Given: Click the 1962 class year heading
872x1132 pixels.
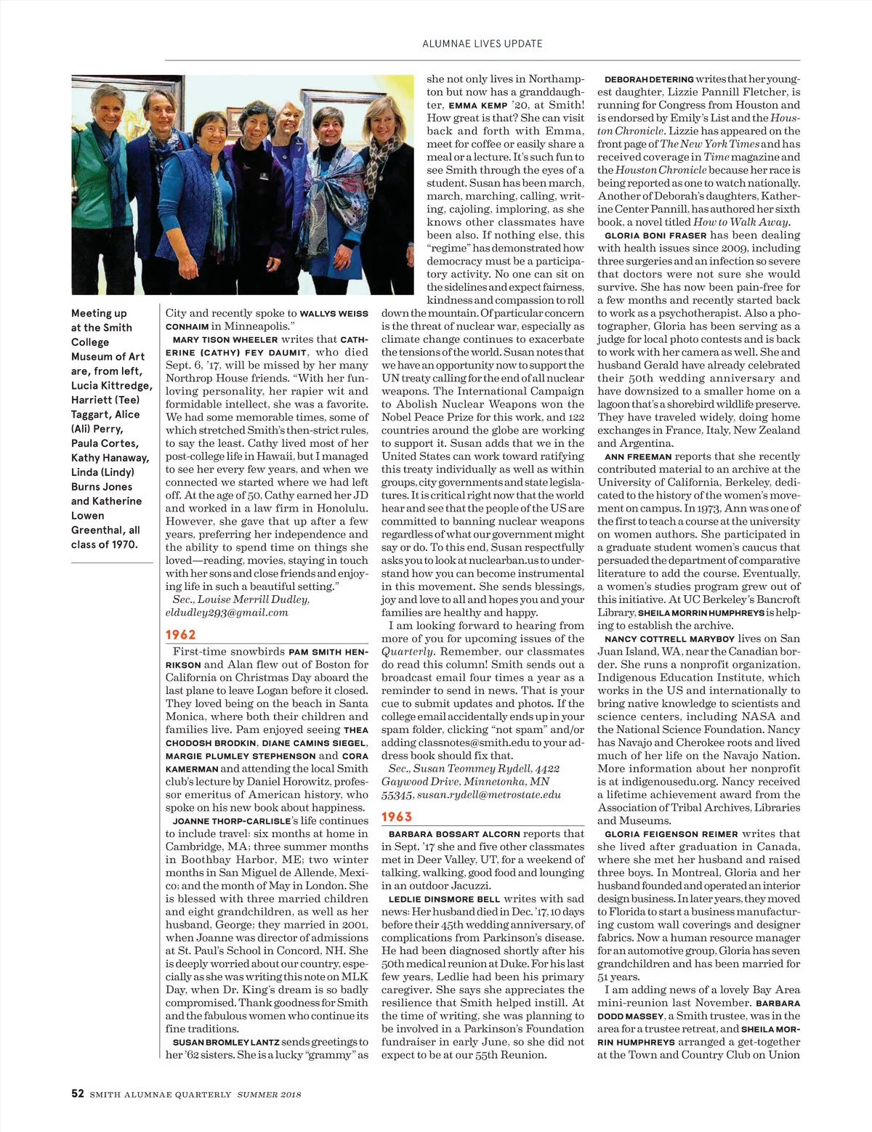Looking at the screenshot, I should click(x=181, y=634).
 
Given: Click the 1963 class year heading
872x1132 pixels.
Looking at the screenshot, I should click(x=397, y=817).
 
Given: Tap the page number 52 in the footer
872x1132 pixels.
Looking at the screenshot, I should click(x=77, y=1093).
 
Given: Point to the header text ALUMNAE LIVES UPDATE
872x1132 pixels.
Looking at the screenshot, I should click(x=482, y=44).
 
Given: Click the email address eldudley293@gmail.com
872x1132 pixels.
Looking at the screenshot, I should click(x=227, y=613).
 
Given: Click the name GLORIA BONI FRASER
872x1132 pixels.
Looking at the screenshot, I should click(x=655, y=235).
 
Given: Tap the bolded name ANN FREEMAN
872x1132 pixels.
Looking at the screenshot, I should click(x=637, y=457).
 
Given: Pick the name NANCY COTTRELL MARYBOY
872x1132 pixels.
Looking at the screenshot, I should click(x=669, y=639).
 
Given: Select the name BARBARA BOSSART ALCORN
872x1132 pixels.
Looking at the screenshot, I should click(x=454, y=834).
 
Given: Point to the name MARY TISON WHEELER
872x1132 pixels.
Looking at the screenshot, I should click(x=225, y=339).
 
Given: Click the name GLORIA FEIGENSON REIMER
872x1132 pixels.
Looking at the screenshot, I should click(x=671, y=834).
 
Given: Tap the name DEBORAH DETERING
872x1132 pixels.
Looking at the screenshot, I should click(x=648, y=79).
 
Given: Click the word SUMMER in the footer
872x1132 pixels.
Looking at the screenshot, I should click(x=258, y=1094).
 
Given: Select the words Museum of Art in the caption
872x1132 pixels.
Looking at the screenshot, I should click(x=108, y=357).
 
